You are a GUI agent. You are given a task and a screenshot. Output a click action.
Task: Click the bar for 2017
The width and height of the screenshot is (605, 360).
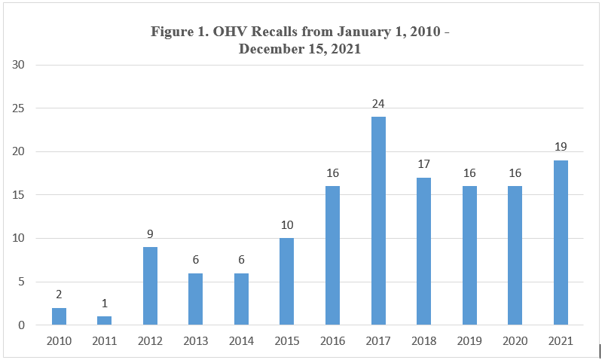tap(378, 221)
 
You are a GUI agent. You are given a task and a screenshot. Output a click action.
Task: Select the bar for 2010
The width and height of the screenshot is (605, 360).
tap(58, 316)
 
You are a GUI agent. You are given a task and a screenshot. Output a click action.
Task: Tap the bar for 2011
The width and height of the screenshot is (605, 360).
tap(104, 321)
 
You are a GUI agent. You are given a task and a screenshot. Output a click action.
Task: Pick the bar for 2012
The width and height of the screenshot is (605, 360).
tap(150, 286)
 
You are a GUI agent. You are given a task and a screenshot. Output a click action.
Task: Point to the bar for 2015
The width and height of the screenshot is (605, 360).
tap(287, 282)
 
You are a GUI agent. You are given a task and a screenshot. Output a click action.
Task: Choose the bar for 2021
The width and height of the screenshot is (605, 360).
tap(561, 243)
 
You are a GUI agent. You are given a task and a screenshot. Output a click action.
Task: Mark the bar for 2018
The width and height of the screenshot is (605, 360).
tap(423, 252)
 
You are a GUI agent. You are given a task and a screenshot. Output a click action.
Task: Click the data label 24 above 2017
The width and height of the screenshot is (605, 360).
tap(378, 103)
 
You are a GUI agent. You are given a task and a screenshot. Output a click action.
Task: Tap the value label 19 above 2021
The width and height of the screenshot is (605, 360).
tap(561, 147)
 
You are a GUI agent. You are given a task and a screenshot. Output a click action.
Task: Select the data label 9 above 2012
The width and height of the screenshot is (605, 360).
tap(150, 233)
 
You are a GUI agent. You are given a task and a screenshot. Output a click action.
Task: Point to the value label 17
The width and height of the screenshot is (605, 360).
tap(423, 164)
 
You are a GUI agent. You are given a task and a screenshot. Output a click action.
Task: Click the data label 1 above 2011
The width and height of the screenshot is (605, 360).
tap(104, 304)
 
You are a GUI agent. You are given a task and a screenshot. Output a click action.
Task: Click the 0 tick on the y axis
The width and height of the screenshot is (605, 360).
tap(22, 325)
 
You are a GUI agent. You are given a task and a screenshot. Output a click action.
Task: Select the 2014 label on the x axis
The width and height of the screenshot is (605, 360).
tap(241, 341)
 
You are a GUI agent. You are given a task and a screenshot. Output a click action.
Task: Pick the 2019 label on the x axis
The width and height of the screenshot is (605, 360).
tap(469, 341)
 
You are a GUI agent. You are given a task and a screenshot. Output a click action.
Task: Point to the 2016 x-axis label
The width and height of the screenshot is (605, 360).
tap(332, 341)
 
